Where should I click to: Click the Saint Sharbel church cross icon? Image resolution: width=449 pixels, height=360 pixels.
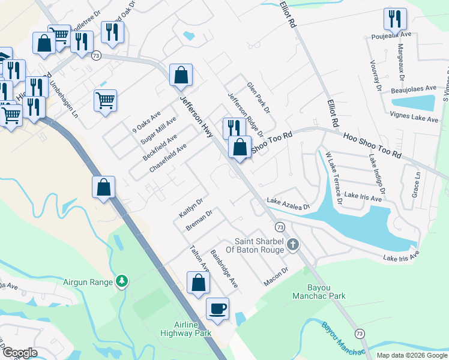tap(292, 244)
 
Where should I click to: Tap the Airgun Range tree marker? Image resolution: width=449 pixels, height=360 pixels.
tap(122, 281)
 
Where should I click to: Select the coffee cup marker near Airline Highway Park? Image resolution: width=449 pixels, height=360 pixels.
tap(217, 309)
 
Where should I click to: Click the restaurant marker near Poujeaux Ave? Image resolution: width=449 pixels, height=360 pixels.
tap(395, 19)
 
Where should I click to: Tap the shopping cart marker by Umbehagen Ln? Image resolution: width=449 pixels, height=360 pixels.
tap(105, 101)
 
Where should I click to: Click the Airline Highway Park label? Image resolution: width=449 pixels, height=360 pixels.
tap(186, 329)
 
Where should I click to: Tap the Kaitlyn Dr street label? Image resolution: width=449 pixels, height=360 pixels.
tap(191, 208)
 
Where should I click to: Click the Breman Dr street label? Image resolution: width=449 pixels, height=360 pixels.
tap(200, 220)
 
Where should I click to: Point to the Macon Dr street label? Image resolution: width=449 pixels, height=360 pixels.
tap(276, 277)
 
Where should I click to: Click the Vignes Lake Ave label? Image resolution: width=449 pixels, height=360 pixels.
tap(414, 119)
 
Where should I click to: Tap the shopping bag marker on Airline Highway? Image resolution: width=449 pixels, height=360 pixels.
tap(104, 188)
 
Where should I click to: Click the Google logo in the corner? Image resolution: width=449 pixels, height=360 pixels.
tap(20, 353)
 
